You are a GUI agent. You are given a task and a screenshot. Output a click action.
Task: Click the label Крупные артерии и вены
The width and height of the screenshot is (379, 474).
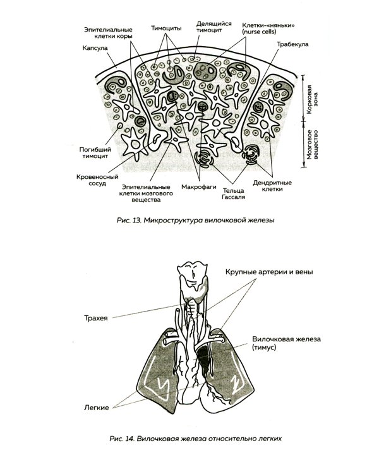pos(268,272)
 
